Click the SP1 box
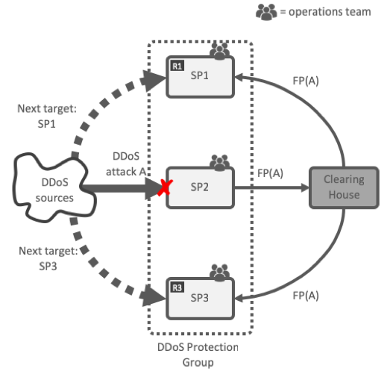point(201,77)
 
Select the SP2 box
point(201,187)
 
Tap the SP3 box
point(201,299)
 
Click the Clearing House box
point(344,187)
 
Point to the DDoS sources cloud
point(54,188)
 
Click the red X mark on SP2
point(165,187)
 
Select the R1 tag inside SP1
point(177,66)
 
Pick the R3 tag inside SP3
point(177,287)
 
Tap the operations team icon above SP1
point(219,52)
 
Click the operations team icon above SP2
point(219,163)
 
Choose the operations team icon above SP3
point(219,272)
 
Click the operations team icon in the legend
point(266,12)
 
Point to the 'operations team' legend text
point(330,12)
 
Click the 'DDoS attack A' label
point(126,164)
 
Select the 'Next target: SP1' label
point(47,116)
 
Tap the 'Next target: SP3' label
point(48,258)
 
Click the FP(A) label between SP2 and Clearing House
point(270,173)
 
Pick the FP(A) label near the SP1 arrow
point(306,81)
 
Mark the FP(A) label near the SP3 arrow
point(306,296)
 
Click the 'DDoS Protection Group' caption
point(198,355)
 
